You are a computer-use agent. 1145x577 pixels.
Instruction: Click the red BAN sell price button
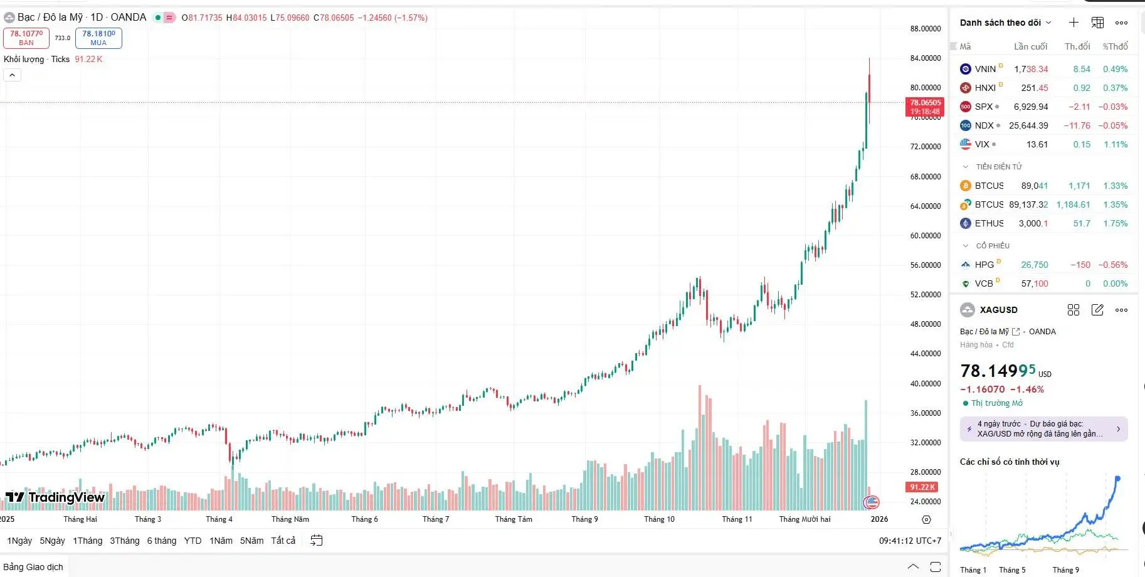point(26,38)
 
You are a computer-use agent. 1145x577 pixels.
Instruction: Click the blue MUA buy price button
point(98,38)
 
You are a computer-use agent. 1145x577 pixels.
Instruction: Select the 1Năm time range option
point(221,541)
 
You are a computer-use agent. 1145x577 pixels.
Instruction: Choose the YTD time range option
point(193,541)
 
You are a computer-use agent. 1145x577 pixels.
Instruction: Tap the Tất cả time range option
point(283,541)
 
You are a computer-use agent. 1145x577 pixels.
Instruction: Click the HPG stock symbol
point(984,265)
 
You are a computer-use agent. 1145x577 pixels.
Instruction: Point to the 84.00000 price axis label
point(925,58)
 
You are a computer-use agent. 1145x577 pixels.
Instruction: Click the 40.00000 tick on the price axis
point(925,383)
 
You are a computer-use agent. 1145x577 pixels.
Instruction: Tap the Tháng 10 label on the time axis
point(659,519)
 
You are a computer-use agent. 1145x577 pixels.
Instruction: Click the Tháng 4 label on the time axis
point(219,519)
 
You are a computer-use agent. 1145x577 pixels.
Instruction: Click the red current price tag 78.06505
point(925,107)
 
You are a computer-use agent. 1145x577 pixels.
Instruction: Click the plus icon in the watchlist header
point(1074,23)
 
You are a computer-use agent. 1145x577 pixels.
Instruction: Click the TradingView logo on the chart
point(55,497)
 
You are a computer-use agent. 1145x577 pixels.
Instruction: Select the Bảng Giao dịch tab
point(34,567)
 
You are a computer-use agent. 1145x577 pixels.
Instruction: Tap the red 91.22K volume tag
point(922,487)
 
